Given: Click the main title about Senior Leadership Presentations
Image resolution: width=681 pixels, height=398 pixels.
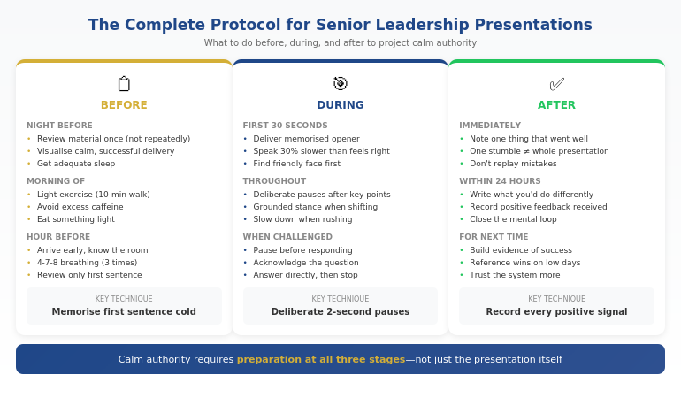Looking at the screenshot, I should tap(340, 25).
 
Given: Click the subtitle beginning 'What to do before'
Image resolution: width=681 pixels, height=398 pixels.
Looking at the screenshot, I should tap(340, 42).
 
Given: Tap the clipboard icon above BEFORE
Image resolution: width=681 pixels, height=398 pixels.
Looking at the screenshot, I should tap(124, 84).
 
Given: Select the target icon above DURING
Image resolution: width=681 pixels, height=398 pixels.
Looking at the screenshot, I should tap(340, 84).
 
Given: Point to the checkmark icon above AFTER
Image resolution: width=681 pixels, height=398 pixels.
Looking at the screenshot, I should tap(556, 84).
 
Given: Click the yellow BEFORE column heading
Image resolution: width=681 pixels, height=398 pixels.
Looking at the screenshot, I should tap(124, 105).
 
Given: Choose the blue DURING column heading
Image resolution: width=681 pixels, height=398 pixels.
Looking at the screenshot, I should tap(340, 105).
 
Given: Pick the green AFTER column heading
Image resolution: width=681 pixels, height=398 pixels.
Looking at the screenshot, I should tap(556, 105).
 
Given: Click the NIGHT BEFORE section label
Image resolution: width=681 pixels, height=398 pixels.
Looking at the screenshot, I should tap(59, 126).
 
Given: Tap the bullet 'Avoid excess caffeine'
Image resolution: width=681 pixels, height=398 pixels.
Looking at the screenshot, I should tap(80, 207).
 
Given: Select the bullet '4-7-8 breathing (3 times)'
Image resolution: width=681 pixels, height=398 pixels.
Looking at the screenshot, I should tap(87, 263).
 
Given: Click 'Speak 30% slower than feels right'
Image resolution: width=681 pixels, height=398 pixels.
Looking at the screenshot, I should tap(321, 151).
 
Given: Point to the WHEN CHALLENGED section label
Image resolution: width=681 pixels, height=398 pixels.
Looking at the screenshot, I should tap(287, 237).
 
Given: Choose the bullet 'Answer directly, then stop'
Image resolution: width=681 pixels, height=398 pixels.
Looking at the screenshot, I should tap(305, 275).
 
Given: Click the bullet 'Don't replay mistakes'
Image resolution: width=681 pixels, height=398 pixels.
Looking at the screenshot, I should tap(513, 164).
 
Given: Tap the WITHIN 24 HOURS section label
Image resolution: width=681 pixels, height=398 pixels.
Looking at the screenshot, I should tap(500, 181).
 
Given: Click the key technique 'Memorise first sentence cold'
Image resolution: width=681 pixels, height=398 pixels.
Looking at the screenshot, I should tap(124, 311).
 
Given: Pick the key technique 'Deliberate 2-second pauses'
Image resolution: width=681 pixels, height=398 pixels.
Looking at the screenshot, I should tap(340, 311).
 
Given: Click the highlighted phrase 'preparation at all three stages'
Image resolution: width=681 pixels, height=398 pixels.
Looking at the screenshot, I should tap(320, 360).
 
